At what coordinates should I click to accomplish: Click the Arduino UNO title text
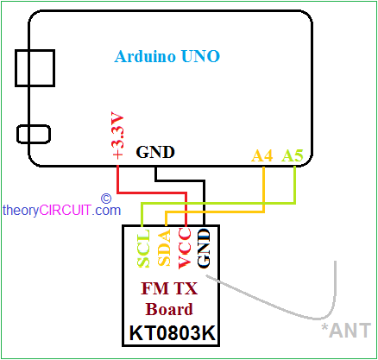[x=167, y=56]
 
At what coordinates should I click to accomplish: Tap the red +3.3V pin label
[x=118, y=136]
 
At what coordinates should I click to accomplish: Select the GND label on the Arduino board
[x=155, y=152]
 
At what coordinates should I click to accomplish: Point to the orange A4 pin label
[x=262, y=155]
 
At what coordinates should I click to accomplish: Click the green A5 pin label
[x=293, y=155]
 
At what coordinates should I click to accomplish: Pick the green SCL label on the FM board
[x=143, y=249]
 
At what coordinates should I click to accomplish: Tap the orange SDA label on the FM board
[x=164, y=248]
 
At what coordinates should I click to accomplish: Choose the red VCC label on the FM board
[x=185, y=249]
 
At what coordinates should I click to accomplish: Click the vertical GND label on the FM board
[x=204, y=249]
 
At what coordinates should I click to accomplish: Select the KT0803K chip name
[x=173, y=333]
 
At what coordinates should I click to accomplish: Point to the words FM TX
[x=169, y=288]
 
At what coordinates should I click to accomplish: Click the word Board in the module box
[x=169, y=309]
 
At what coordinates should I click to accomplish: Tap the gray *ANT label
[x=346, y=331]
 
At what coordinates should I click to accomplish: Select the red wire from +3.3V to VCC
[x=152, y=193]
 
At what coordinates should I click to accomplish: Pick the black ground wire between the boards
[x=180, y=180]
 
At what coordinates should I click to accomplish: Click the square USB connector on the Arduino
[x=35, y=68]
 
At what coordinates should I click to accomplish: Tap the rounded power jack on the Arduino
[x=34, y=134]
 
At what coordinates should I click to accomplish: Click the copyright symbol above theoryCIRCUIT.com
[x=106, y=199]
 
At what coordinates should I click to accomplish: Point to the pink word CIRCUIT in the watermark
[x=66, y=210]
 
